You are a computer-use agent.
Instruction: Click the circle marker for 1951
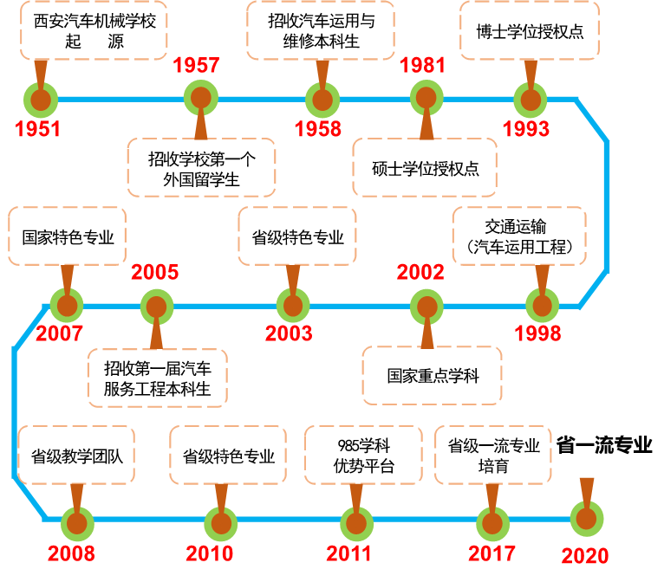(41, 100)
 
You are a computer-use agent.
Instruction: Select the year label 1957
(196, 66)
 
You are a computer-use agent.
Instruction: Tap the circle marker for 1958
(322, 100)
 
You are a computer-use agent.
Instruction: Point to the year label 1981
(422, 66)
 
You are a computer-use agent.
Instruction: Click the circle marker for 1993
(531, 100)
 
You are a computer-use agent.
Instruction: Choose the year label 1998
(537, 333)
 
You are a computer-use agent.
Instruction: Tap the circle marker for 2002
(426, 307)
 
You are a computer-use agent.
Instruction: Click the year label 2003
(289, 333)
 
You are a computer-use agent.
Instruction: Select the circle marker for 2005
(156, 307)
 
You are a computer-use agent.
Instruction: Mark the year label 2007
(59, 333)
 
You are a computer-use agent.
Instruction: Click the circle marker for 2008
(76, 523)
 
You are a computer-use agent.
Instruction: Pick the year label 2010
(209, 553)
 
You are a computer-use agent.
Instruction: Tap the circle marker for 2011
(356, 523)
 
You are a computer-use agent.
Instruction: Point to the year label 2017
(491, 553)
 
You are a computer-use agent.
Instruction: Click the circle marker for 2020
(587, 519)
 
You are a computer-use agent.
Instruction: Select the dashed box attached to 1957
(201, 167)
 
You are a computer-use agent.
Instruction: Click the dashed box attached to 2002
(432, 375)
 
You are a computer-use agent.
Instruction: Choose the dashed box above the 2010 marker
(228, 455)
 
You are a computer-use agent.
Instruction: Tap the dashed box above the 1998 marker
(519, 236)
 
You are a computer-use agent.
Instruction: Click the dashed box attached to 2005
(157, 378)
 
